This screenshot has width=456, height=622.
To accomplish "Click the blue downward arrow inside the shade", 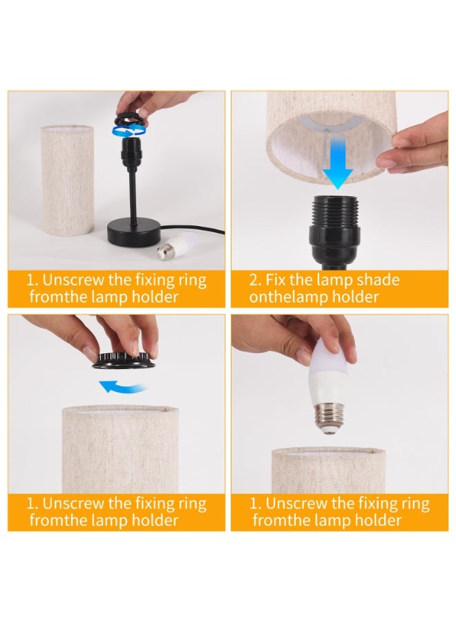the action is click(337, 162).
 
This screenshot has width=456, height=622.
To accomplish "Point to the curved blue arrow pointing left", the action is click(122, 386).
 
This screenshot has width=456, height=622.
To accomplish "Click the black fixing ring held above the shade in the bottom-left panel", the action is click(122, 359).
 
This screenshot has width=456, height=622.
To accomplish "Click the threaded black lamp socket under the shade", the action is click(336, 231).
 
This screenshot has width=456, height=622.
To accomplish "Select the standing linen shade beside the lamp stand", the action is click(68, 180).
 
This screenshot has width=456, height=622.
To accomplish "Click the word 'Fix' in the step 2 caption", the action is click(276, 280).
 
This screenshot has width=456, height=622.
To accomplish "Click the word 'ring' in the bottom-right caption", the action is click(415, 505).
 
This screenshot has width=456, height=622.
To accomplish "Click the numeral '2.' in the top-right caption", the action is click(256, 281).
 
